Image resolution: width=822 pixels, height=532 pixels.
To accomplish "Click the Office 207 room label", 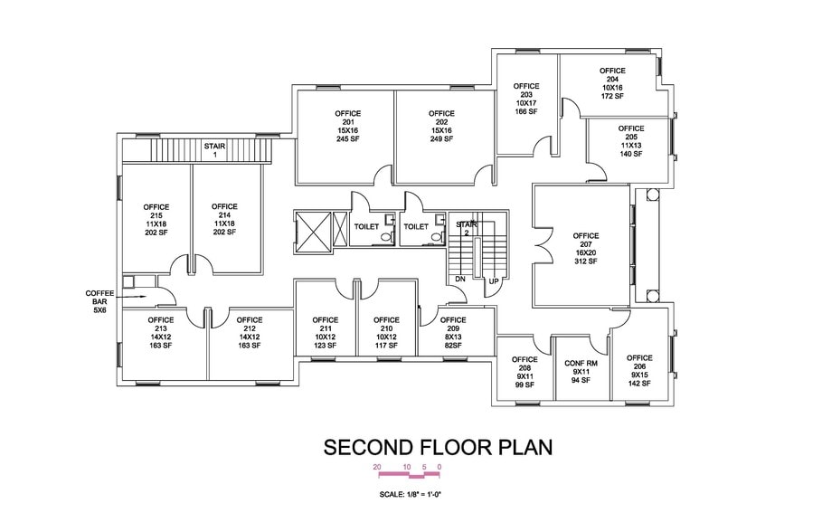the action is click(x=586, y=240).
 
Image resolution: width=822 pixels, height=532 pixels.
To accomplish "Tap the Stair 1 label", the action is click(x=214, y=150).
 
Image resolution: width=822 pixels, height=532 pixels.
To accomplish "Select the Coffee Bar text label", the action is click(x=99, y=301).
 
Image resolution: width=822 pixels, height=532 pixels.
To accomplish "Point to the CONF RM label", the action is click(x=581, y=363).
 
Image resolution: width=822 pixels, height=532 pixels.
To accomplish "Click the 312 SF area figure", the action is click(x=586, y=261).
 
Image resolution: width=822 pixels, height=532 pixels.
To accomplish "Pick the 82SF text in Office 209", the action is click(x=453, y=346).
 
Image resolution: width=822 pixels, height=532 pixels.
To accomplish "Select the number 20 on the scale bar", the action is click(x=377, y=467).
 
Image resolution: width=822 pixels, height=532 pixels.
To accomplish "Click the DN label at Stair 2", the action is click(x=459, y=279).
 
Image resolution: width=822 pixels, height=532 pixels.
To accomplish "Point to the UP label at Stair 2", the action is click(x=494, y=281).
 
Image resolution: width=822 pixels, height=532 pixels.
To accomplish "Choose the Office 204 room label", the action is click(x=612, y=75).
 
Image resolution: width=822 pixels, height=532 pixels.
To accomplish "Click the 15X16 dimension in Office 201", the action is click(x=348, y=130).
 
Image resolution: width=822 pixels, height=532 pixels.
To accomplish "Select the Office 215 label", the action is click(x=156, y=212).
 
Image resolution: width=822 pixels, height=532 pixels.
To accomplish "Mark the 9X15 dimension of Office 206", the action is click(x=639, y=375).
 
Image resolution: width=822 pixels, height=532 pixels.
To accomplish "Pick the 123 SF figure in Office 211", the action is click(x=325, y=346).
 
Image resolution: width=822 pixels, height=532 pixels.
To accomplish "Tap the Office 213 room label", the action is click(x=160, y=324).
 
